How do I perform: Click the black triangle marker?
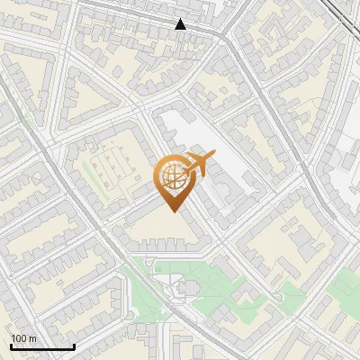pyautogui.click(x=181, y=24)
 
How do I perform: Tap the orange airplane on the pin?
pyautogui.click(x=198, y=165)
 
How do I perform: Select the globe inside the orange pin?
pyautogui.click(x=173, y=176)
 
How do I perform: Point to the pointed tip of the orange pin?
pyautogui.click(x=173, y=210)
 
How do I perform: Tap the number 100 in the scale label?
pyautogui.click(x=19, y=338)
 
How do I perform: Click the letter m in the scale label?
pyautogui.click(x=32, y=338)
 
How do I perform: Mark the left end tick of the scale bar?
pyautogui.click(x=11, y=345)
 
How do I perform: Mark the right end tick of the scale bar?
pyautogui.click(x=74, y=345)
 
